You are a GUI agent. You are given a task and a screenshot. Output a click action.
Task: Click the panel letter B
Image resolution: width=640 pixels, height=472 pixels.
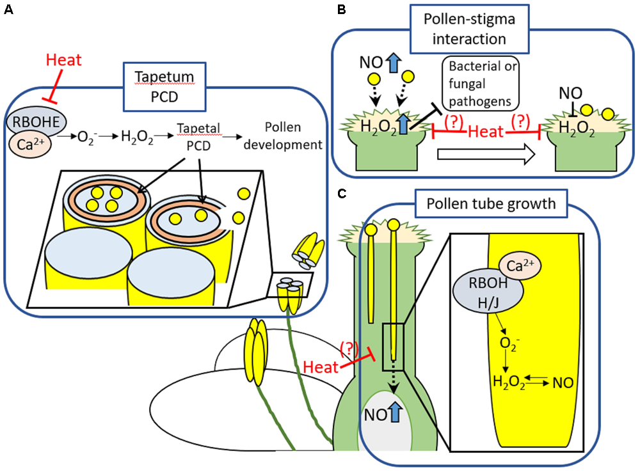[341, 11]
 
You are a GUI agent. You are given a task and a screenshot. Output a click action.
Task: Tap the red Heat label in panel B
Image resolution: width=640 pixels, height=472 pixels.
[488, 131]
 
